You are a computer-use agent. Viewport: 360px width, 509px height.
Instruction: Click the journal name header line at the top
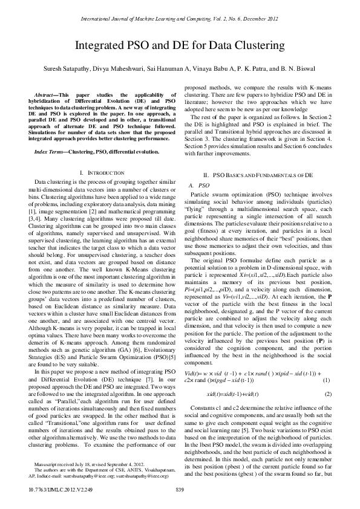click(x=180, y=19)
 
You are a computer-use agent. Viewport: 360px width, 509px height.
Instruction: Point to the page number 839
click(x=180, y=488)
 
